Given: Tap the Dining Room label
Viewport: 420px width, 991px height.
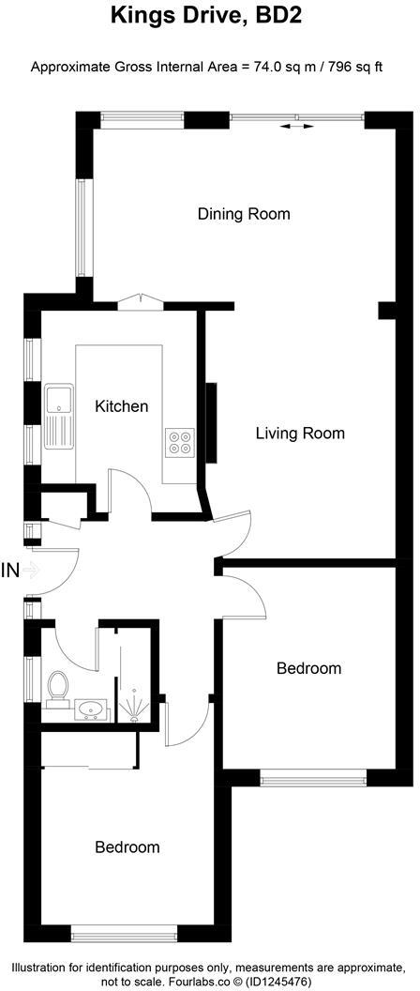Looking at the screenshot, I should [244, 214].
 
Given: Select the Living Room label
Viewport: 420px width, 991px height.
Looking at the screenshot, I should [300, 434].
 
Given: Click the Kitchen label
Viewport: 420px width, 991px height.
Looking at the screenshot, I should [122, 406].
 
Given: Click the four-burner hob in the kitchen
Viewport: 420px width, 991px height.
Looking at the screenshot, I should [180, 441].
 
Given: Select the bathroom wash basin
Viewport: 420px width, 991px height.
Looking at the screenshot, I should [92, 709].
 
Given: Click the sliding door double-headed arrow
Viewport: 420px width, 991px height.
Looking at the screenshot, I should [297, 127].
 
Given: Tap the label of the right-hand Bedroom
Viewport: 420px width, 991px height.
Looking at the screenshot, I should [308, 669].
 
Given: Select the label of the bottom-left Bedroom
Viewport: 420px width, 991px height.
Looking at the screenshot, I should [127, 846].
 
